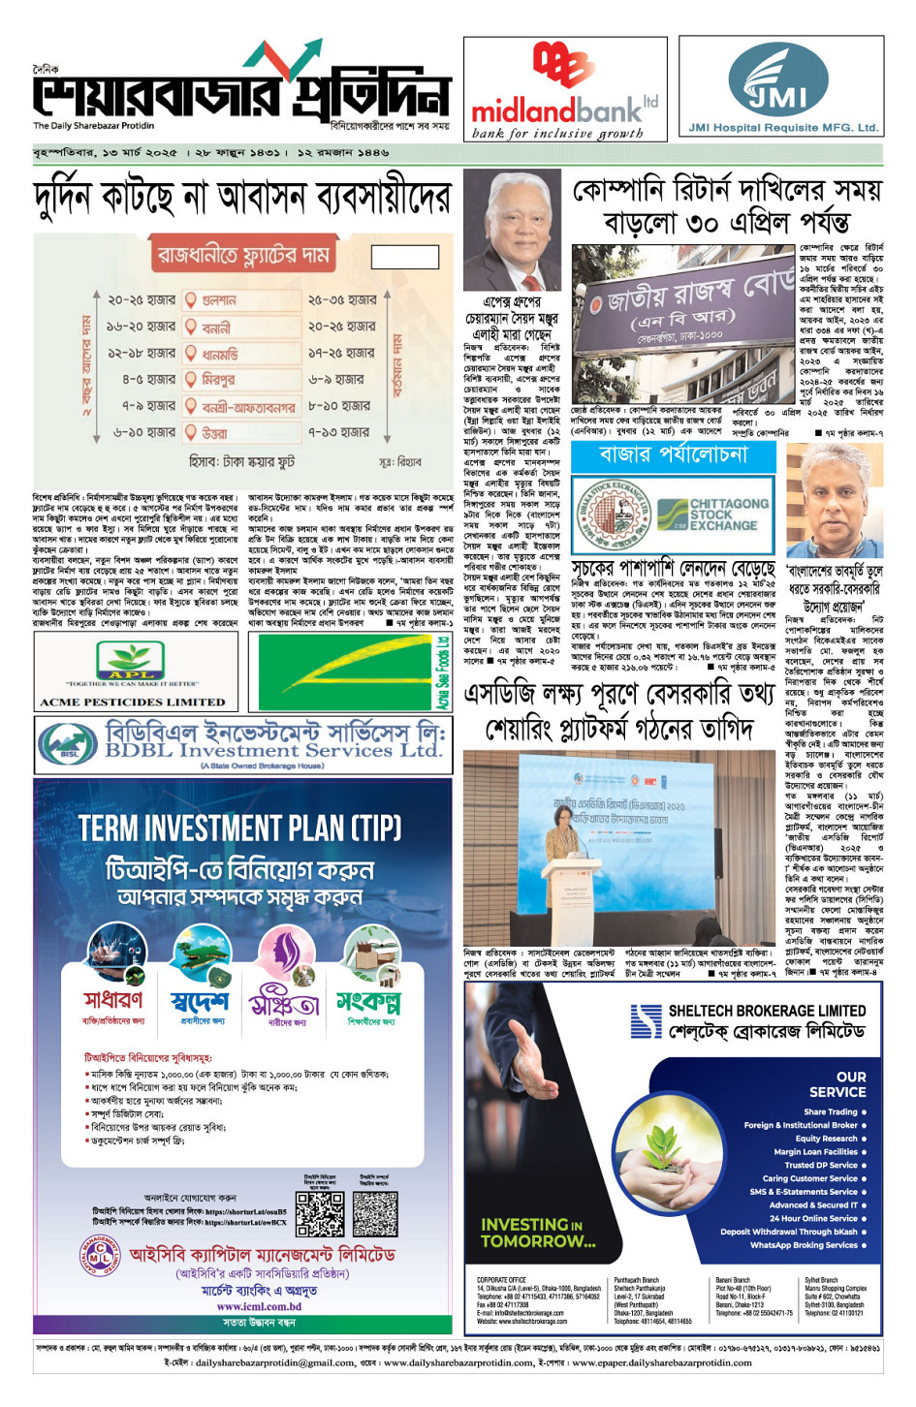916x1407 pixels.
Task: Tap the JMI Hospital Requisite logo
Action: [780, 81]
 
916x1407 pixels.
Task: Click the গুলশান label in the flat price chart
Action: [220, 300]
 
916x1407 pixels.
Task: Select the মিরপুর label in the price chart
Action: [219, 380]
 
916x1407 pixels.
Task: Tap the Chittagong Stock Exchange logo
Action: [712, 515]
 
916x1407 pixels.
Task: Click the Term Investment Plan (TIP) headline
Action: [239, 829]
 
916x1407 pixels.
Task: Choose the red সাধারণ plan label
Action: [112, 999]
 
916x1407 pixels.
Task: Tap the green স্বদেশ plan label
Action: [200, 999]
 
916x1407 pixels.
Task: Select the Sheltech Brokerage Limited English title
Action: [767, 1011]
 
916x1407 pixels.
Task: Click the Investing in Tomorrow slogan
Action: [538, 1233]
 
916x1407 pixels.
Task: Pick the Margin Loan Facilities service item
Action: [815, 1152]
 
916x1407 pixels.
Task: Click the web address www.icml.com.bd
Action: [259, 1306]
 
